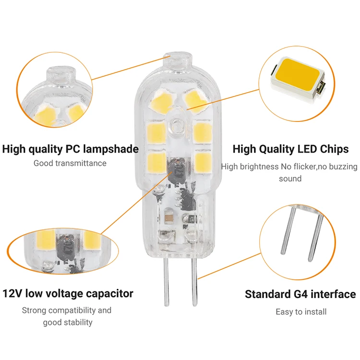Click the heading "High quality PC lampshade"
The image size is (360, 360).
70,149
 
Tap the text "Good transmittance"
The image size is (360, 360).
70,163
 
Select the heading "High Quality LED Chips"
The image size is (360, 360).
290,149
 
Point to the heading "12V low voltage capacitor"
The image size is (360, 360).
68,293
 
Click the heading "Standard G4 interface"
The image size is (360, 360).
300,294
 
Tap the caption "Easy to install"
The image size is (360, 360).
301,312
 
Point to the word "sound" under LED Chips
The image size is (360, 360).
290,179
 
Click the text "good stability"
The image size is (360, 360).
68,322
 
